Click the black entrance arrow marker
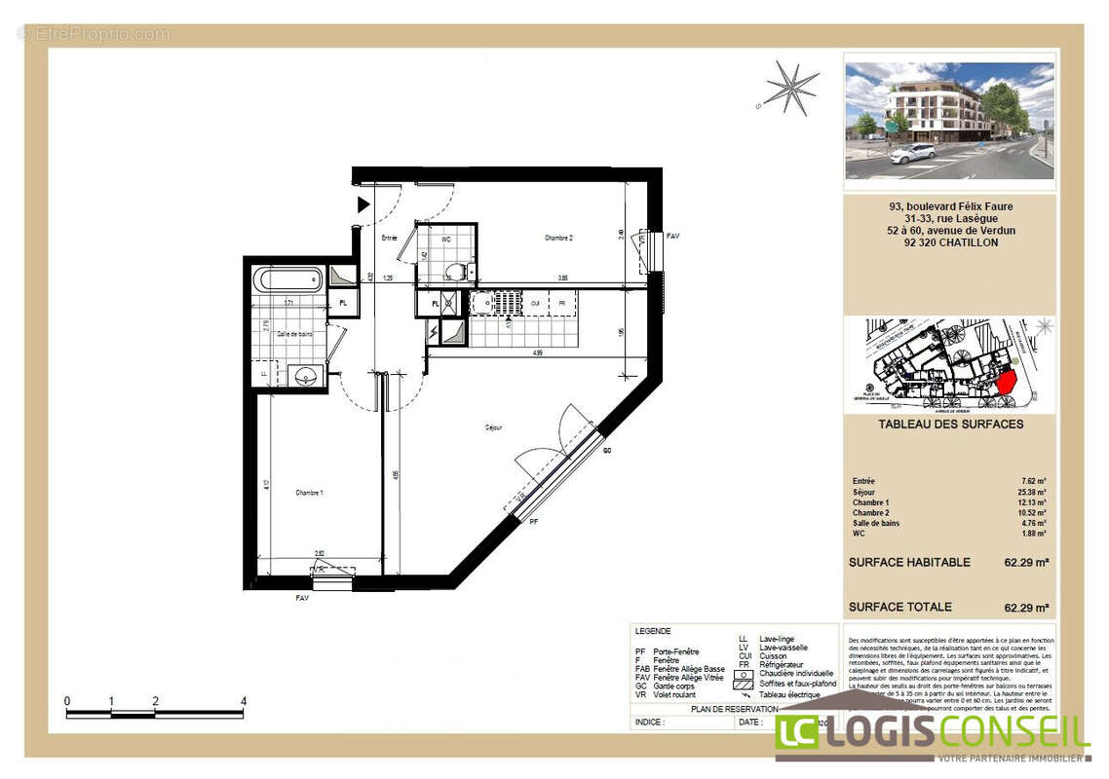pos(363,204)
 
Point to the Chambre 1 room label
pos(309,494)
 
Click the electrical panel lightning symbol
pos(433,333)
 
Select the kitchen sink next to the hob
pos(483,303)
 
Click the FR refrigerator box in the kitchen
pos(562,303)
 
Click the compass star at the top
pos(790,88)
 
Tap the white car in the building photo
pos(912,153)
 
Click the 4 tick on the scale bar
pos(243,701)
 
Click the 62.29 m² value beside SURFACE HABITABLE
pos(1026,563)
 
